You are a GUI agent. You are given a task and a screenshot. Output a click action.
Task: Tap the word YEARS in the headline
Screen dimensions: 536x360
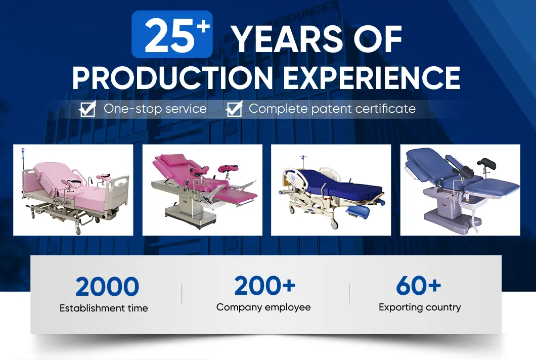pyautogui.click(x=288, y=39)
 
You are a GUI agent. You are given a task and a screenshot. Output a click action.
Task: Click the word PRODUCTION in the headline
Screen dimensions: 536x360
pyautogui.click(x=172, y=77)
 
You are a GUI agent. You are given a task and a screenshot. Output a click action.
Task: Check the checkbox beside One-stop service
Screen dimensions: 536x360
pyautogui.click(x=87, y=109)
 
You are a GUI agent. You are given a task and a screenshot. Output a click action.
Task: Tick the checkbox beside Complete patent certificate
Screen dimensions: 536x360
pyautogui.click(x=235, y=109)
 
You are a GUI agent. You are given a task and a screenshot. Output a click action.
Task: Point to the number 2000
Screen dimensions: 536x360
pyautogui.click(x=107, y=287)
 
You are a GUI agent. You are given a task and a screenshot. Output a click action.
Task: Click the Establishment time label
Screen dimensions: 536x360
pyautogui.click(x=104, y=308)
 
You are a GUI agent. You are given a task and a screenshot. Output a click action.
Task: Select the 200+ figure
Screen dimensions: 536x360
pyautogui.click(x=265, y=286)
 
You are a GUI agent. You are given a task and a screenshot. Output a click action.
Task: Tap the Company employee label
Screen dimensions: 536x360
pyautogui.click(x=263, y=307)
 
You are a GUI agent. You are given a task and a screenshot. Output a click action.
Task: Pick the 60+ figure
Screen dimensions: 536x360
pyautogui.click(x=419, y=286)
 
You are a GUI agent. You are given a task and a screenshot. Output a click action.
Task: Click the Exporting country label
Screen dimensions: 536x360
pyautogui.click(x=420, y=307)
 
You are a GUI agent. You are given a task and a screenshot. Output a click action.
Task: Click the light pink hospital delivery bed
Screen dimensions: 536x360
pyautogui.click(x=73, y=190)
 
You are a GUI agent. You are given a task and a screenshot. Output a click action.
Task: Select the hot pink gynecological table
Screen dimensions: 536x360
pyautogui.click(x=202, y=190)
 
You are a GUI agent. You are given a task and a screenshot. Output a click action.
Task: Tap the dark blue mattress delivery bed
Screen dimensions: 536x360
pyautogui.click(x=331, y=190)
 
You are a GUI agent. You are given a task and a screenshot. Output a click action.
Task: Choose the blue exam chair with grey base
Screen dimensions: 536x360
pyautogui.click(x=460, y=190)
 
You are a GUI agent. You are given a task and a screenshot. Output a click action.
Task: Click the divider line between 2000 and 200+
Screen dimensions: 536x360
pyautogui.click(x=182, y=294)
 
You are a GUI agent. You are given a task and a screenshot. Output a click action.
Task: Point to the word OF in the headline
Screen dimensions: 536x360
pyautogui.click(x=378, y=39)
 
